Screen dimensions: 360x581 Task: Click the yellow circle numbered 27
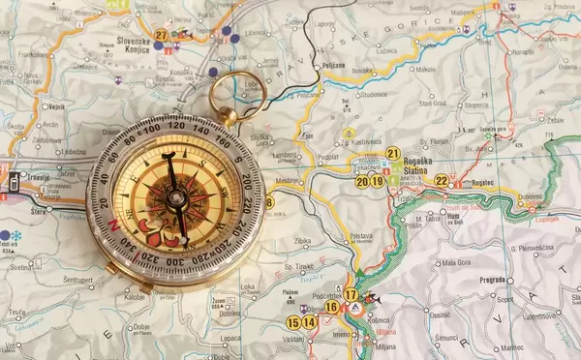coord(161,35)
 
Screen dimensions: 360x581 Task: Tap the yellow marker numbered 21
coord(392,153)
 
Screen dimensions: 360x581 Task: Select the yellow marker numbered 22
coord(442,180)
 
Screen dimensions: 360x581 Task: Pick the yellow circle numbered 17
coord(351,294)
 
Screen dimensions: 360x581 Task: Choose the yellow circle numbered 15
coord(292,322)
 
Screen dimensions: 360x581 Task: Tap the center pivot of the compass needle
coord(177,200)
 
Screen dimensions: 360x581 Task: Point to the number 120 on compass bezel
coord(175,126)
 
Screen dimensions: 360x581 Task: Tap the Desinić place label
coord(441,315)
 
